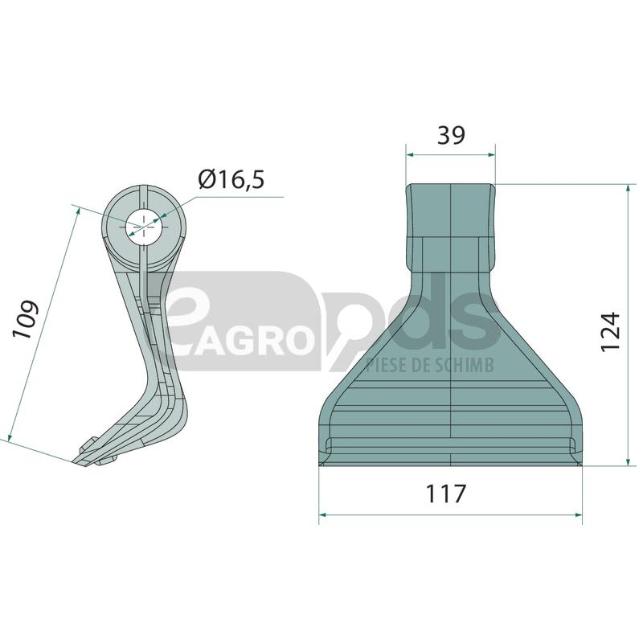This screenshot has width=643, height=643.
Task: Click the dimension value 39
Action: coord(451,135)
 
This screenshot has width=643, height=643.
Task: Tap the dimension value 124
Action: coord(610,331)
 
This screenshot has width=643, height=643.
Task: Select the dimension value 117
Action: coord(446,494)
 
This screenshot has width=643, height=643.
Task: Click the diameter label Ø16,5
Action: coord(231,179)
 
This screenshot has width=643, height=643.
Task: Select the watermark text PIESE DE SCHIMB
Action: coord(430,365)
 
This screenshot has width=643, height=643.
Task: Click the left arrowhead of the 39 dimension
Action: coord(409,155)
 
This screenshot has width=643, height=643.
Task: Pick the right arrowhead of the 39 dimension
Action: coord(492,155)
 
